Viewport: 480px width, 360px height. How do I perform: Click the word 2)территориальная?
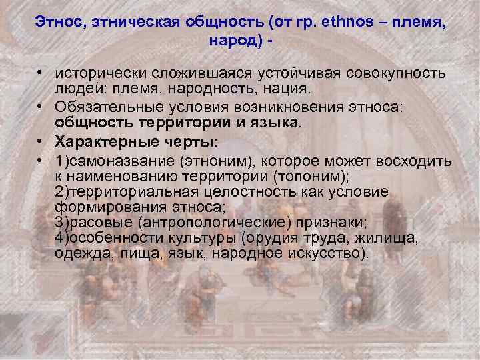click(x=119, y=193)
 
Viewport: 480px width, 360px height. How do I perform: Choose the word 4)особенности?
click(x=104, y=239)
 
